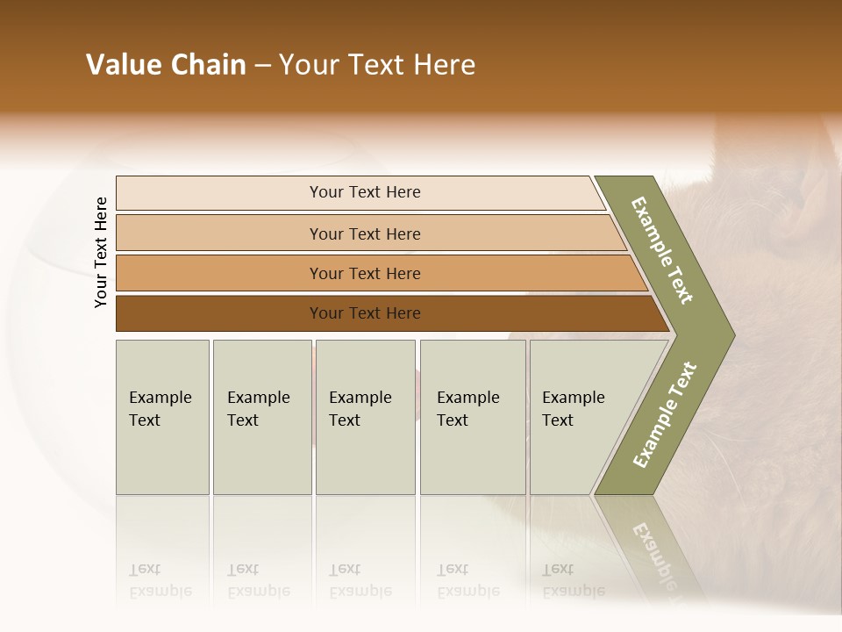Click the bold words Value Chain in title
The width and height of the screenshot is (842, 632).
click(x=166, y=65)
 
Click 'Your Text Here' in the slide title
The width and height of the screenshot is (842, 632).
click(x=377, y=65)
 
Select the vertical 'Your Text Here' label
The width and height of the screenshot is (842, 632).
click(x=101, y=252)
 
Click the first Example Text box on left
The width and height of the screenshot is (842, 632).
click(x=162, y=417)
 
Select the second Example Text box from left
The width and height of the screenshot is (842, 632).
click(x=261, y=417)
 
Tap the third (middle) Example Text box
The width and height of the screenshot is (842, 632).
click(x=365, y=417)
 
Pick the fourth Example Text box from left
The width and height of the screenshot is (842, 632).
click(x=473, y=417)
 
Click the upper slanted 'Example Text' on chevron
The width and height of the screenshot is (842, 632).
click(x=663, y=250)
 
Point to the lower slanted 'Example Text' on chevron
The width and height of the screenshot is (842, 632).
click(x=665, y=414)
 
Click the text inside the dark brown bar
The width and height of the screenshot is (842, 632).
click(x=365, y=313)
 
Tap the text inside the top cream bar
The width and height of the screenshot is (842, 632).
click(x=365, y=192)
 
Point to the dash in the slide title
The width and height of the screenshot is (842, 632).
click(x=262, y=66)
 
